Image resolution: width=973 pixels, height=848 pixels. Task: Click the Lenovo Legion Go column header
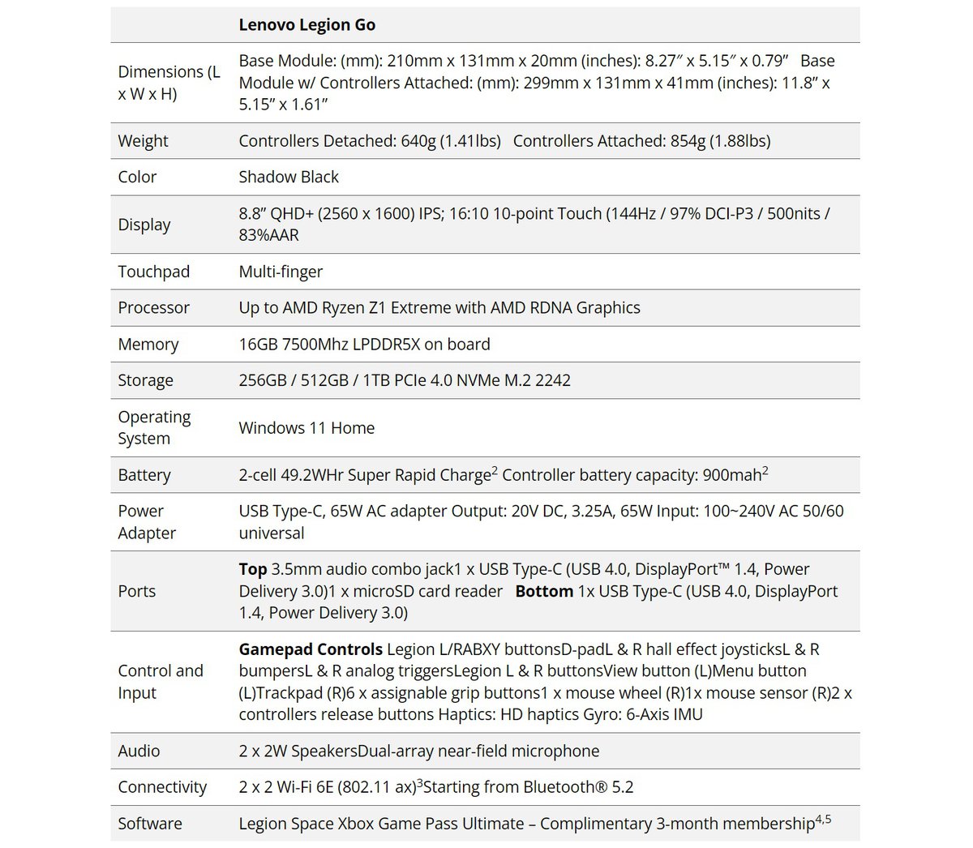[306, 25]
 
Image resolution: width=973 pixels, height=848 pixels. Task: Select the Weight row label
[143, 141]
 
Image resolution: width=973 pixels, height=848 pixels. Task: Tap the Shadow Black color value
[289, 177]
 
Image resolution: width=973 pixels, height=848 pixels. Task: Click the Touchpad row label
[153, 272]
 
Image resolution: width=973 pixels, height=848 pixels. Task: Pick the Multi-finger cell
[281, 272]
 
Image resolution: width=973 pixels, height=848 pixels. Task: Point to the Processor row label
[153, 308]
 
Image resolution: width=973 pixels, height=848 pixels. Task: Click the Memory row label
[148, 344]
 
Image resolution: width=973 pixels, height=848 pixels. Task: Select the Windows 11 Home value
[306, 428]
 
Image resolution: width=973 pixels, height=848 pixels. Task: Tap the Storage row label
[145, 380]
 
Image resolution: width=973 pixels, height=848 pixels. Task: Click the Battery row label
[144, 475]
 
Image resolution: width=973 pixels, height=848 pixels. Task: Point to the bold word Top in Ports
[253, 569]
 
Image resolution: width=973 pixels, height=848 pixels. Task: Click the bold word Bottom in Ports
[544, 591]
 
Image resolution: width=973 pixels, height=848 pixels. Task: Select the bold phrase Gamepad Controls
[311, 649]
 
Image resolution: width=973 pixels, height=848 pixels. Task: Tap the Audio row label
[139, 751]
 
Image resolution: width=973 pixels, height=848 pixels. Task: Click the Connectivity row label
[162, 787]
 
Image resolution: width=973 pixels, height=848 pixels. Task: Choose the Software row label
[150, 824]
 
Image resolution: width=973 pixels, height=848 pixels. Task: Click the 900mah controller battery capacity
[730, 475]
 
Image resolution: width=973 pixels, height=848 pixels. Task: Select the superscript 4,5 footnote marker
[823, 819]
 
